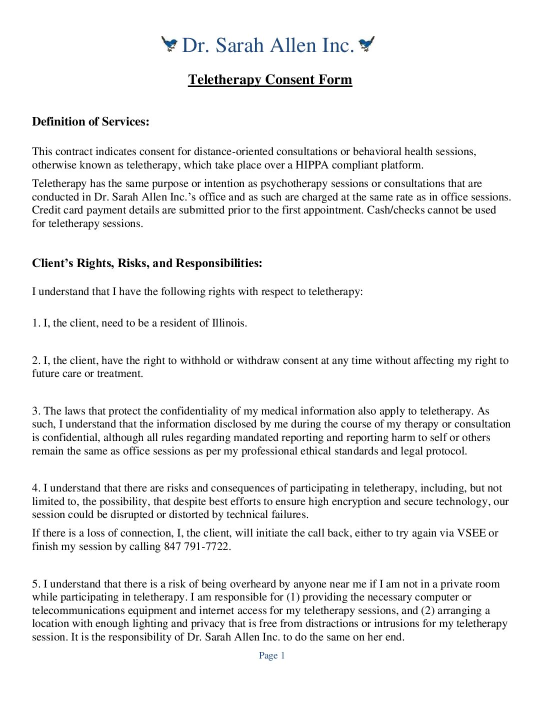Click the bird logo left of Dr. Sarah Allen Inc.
tap(169, 44)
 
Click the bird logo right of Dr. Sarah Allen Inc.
tap(366, 44)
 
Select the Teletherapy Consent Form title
tap(270, 79)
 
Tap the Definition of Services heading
tap(90, 121)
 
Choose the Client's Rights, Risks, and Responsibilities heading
tap(147, 263)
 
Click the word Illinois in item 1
tap(228, 323)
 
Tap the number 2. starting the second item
tap(36, 360)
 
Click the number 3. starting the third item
tap(36, 411)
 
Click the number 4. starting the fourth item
tap(36, 488)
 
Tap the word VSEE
tap(471, 533)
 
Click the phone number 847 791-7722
tap(196, 546)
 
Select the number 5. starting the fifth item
tap(36, 584)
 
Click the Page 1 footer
tap(271, 655)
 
